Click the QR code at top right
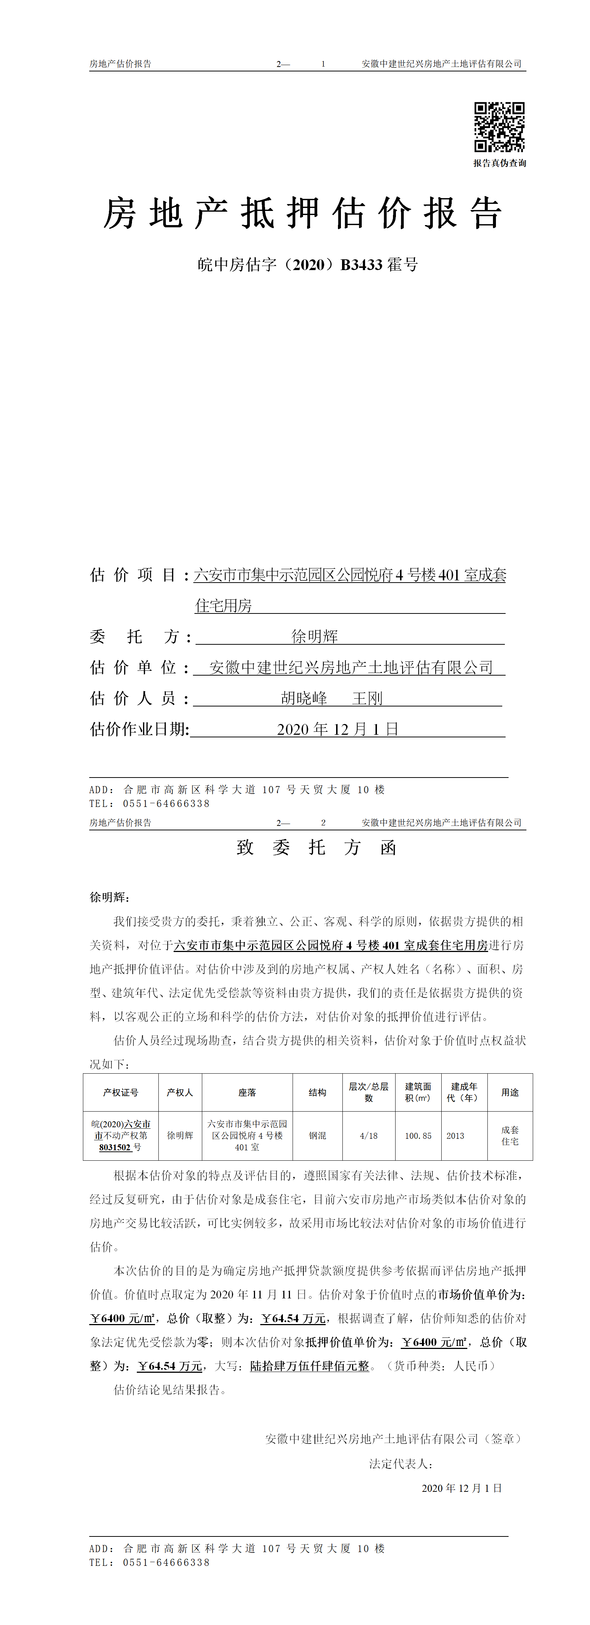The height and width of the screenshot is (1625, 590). pos(499,127)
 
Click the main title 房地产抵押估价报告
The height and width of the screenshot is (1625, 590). pos(303,213)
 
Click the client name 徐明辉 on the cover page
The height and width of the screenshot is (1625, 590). pos(315,637)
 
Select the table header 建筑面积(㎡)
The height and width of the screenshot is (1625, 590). pos(418,1092)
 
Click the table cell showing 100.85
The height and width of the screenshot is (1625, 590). pos(418,1135)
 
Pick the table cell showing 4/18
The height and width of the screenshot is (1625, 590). pos(369,1135)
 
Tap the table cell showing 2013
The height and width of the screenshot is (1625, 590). pos(455,1135)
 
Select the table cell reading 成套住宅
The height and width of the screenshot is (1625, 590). pos(510,1135)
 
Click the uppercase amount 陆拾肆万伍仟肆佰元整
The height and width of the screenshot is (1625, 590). pos(309,1366)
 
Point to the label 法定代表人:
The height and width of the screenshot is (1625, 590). pos(400,1464)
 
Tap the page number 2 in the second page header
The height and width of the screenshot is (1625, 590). pos(323,823)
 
